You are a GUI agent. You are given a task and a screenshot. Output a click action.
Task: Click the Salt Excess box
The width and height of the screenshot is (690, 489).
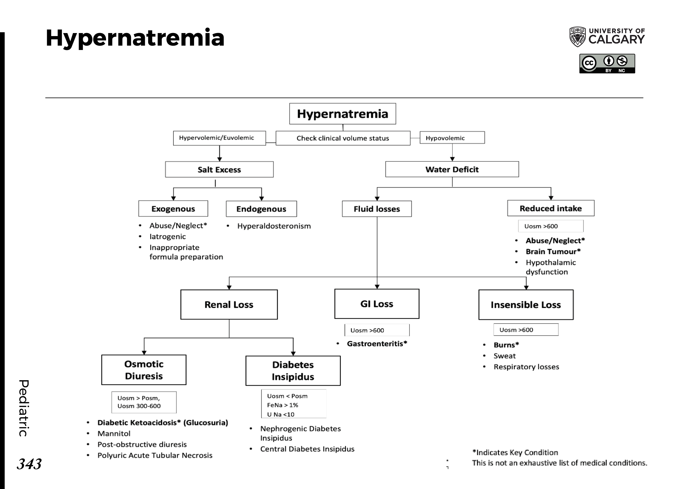coord(219,170)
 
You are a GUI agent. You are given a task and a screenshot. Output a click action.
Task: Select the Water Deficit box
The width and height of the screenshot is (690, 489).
coord(452,169)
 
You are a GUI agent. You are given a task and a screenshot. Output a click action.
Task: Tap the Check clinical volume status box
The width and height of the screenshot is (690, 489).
coord(343,138)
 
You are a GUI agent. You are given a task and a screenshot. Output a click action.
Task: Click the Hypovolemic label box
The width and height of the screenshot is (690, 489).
coord(452,138)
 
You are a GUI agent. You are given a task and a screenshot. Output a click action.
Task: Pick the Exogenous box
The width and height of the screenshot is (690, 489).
coord(173,209)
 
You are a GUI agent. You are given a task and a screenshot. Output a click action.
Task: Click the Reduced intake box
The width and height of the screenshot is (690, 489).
coord(551,208)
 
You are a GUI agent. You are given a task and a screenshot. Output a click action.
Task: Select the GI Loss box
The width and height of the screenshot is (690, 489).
coord(376,304)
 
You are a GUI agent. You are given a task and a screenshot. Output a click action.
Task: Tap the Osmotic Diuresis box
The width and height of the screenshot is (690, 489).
coord(144,370)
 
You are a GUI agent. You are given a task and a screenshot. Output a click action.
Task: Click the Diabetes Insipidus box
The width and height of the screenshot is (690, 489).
coord(293,371)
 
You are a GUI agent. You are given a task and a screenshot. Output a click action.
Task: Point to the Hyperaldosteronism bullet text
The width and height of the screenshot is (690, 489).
coord(274,226)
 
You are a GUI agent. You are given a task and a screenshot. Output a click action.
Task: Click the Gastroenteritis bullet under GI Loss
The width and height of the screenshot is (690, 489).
coord(377,344)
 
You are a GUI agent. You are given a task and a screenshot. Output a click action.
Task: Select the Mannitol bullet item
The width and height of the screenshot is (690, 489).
coord(114,434)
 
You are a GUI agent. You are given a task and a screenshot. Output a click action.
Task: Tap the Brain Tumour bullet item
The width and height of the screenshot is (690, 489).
coord(553,251)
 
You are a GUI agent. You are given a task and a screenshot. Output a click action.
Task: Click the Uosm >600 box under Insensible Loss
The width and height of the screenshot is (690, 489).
coord(525,330)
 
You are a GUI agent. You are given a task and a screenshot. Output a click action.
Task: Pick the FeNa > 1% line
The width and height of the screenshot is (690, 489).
coord(282,405)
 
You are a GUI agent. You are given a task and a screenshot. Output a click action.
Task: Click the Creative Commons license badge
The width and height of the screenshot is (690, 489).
coord(607,64)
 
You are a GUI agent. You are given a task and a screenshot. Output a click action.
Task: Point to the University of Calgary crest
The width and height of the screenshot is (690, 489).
coord(577,37)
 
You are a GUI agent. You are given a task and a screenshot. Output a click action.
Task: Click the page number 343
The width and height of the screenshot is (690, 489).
coord(29,464)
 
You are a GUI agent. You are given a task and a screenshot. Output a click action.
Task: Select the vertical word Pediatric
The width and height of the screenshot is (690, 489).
coord(24,408)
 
